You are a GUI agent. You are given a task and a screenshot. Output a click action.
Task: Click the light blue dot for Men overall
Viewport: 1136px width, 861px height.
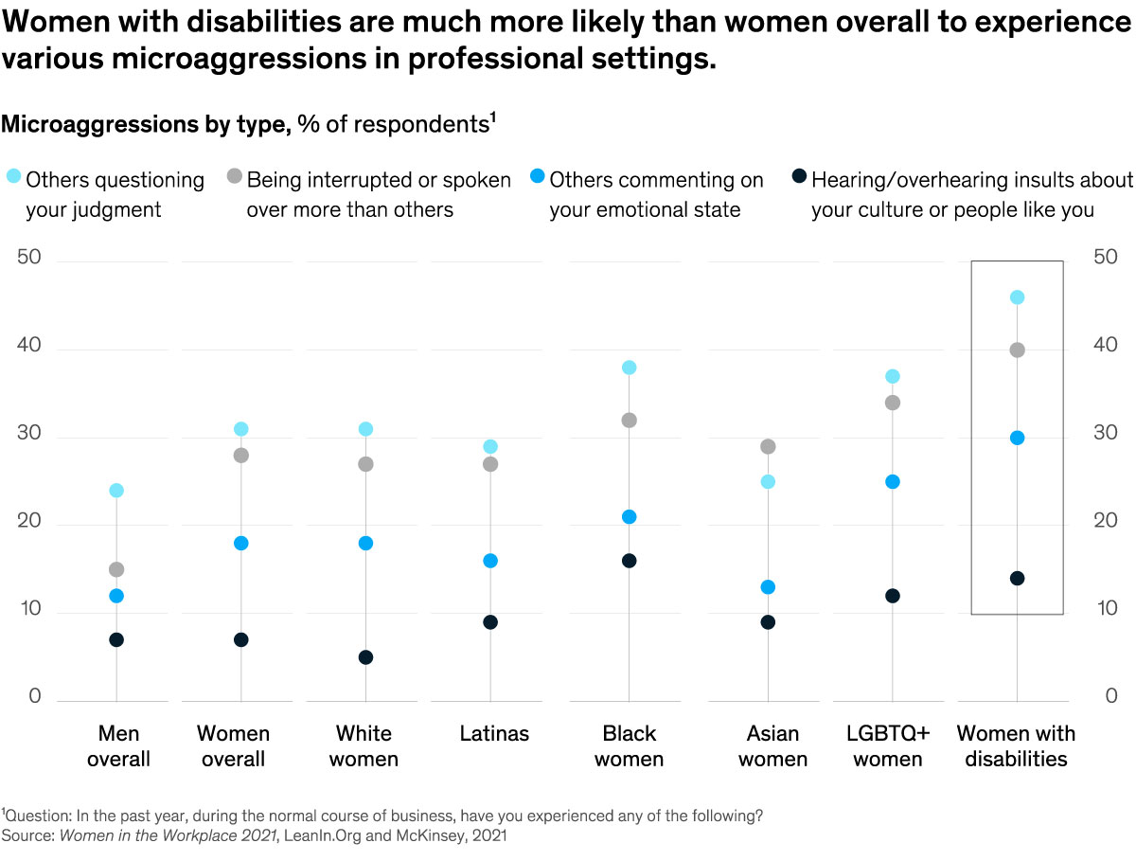[x=116, y=491]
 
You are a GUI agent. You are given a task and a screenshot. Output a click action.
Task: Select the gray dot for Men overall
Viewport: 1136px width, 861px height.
[x=116, y=569]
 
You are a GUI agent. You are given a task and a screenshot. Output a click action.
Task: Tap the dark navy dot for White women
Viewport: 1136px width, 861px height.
[x=365, y=657]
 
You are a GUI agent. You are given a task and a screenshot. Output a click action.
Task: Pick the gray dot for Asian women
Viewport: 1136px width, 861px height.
[x=768, y=446]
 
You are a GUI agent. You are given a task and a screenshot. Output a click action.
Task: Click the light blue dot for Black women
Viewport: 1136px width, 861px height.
[x=629, y=368]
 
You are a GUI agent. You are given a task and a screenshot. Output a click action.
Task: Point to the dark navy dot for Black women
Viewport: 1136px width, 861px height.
[x=629, y=561]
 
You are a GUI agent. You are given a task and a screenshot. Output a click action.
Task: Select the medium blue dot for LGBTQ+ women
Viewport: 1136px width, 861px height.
[x=892, y=481]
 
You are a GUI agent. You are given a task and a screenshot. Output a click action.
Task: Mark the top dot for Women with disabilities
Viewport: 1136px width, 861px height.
[x=1017, y=297]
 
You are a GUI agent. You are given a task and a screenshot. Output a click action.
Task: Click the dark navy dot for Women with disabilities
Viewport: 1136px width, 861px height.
[x=1017, y=578]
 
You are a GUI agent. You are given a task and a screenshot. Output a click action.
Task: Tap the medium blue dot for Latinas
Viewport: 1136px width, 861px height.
[x=489, y=561]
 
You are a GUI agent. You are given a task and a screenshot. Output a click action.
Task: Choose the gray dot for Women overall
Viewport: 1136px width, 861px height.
[x=240, y=456]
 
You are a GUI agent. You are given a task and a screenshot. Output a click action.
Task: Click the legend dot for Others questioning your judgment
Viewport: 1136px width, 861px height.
[x=13, y=176]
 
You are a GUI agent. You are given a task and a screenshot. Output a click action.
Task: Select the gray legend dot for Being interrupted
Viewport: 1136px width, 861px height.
[x=234, y=176]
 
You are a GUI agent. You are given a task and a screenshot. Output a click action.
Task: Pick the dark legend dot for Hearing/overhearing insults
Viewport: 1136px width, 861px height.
[x=799, y=176]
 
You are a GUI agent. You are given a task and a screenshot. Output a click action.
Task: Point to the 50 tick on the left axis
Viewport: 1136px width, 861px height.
[x=29, y=259]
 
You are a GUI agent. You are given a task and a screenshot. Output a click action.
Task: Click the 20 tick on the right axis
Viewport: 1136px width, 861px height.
[x=1105, y=521]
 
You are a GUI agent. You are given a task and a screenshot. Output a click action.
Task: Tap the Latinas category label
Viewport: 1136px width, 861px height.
[x=494, y=734]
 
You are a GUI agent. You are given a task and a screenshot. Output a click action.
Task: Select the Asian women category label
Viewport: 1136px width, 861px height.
[x=772, y=746]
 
